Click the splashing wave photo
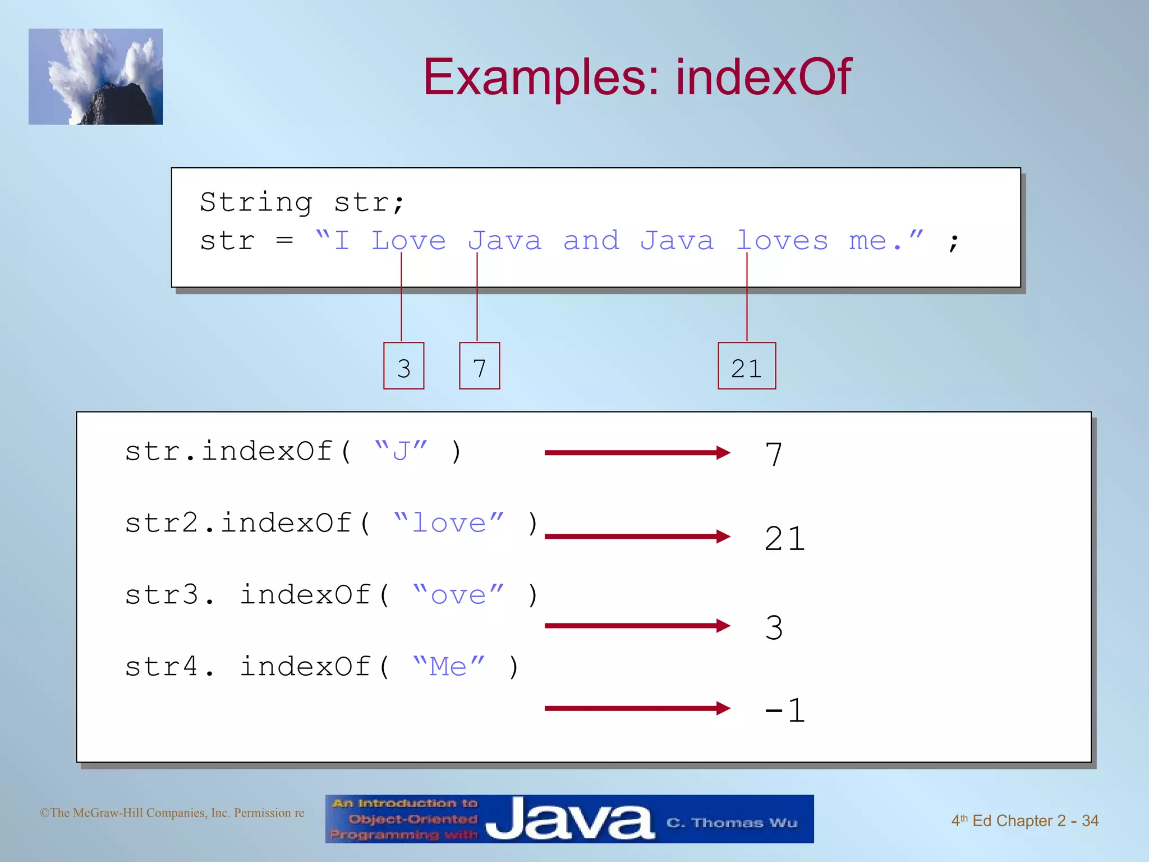coord(96,77)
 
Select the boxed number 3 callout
coord(403,366)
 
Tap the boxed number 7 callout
coord(479,366)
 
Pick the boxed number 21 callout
coord(747,366)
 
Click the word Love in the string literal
coord(408,241)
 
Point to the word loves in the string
coord(782,241)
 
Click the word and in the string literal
coord(591,241)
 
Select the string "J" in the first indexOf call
coord(401,451)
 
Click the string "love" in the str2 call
coord(448,522)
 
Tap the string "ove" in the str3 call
coord(458,594)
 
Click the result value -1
coord(784,710)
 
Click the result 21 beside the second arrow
coord(784,539)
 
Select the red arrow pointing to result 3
coord(637,625)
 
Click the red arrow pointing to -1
coord(637,708)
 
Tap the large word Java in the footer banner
coord(569,819)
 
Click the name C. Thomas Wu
coord(731,823)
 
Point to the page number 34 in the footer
coord(1090,820)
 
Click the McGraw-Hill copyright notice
coord(172,813)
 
